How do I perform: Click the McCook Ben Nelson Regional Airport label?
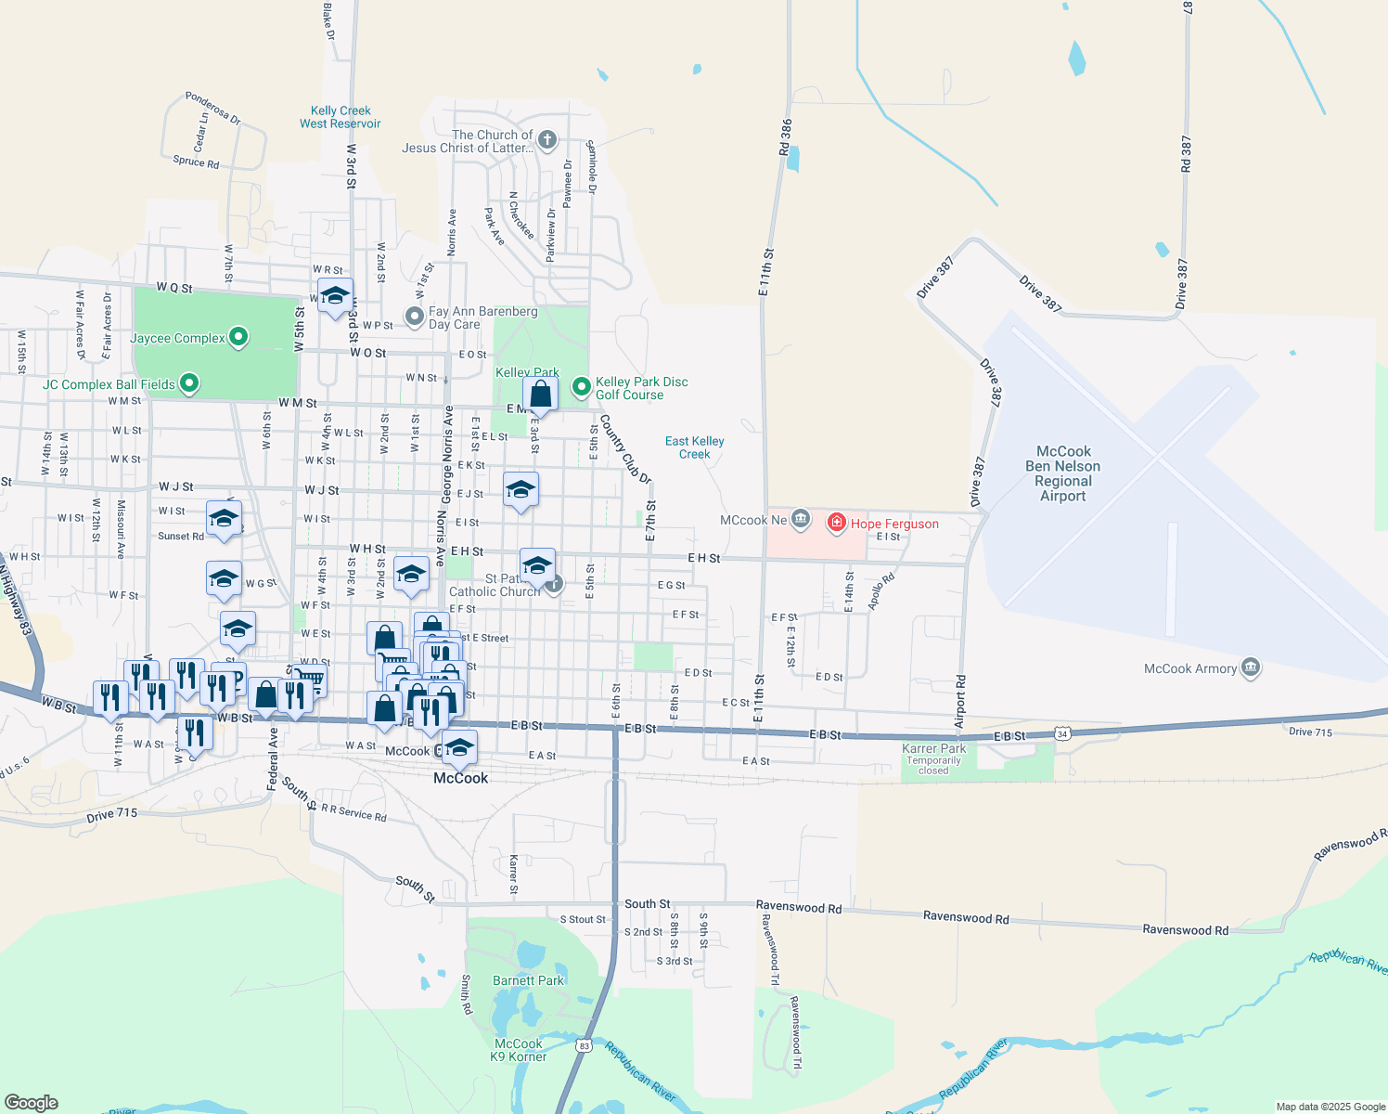coord(1063,473)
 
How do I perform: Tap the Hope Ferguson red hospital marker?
coord(837,523)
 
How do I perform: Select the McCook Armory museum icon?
coord(1251,668)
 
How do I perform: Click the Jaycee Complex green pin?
coord(238,337)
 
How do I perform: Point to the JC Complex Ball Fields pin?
coord(189,382)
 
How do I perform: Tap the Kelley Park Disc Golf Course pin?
coord(582,385)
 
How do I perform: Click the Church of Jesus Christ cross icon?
coord(547,140)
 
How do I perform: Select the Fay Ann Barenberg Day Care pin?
coord(415,317)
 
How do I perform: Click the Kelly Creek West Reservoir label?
coord(340,117)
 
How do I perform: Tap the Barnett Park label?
coord(528,980)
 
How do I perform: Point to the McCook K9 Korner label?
coord(519,1050)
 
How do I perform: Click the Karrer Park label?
coord(933,748)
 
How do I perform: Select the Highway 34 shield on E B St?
coord(1063,734)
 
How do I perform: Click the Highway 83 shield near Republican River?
coord(584,1045)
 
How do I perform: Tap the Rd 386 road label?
coord(786,136)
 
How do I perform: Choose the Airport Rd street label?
coord(960,702)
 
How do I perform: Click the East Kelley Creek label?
coord(694,447)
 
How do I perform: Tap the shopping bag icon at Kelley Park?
coord(540,395)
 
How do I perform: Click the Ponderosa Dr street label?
coord(212,109)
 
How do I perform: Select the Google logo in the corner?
coord(32,1102)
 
